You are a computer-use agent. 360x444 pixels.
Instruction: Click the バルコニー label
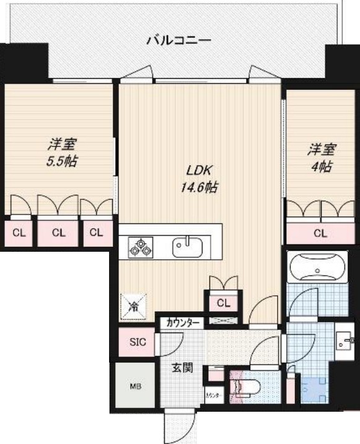coord(178,41)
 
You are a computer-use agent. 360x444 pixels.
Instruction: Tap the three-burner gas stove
coord(139,247)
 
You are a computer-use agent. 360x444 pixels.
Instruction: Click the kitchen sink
coord(188,247)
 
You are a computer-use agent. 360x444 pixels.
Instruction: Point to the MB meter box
coord(134,386)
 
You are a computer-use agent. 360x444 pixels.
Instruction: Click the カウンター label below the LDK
coord(183,323)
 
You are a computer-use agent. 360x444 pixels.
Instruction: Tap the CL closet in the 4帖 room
coord(320,234)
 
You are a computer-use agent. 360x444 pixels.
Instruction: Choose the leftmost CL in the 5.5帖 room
coord(19,233)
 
